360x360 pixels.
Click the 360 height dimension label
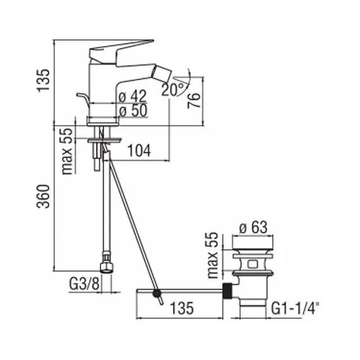coord(43,196)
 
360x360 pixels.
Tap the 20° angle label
coord(172,89)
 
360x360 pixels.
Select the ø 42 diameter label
coord(133,96)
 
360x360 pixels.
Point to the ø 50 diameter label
coord(133,111)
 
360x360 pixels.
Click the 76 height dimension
coord(195,100)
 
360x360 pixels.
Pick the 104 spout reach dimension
coord(139,150)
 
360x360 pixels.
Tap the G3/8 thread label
coord(84,284)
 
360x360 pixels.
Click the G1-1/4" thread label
coord(295,308)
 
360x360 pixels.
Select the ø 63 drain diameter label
coord(253,227)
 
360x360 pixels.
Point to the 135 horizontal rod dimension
coord(182,308)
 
